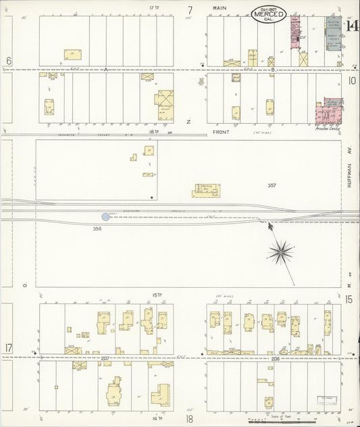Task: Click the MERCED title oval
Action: click(269, 14)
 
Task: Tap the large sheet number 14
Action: click(352, 26)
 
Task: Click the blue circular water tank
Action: click(105, 217)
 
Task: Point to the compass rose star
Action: click(280, 252)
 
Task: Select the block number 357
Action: click(272, 185)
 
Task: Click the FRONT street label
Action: click(222, 132)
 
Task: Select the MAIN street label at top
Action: click(219, 8)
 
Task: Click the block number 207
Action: click(105, 357)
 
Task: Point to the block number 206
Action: click(276, 358)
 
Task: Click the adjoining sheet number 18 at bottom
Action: click(190, 419)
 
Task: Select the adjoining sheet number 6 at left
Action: click(9, 61)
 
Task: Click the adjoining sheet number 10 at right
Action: click(351, 80)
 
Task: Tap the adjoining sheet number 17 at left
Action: click(9, 348)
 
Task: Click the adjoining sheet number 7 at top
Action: click(190, 10)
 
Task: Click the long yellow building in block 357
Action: click(206, 191)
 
